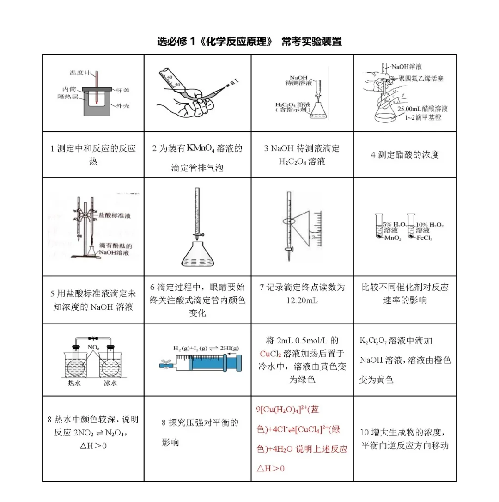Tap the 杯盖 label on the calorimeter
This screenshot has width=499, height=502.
[123, 90]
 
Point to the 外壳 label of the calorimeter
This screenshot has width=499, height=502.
[123, 106]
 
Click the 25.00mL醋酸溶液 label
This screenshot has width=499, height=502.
[422, 109]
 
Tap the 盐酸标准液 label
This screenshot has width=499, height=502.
[113, 215]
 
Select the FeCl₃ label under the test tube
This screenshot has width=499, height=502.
[424, 238]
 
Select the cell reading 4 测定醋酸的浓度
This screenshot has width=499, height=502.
[405, 155]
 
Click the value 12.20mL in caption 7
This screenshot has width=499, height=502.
[302, 300]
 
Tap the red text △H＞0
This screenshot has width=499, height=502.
[271, 468]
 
